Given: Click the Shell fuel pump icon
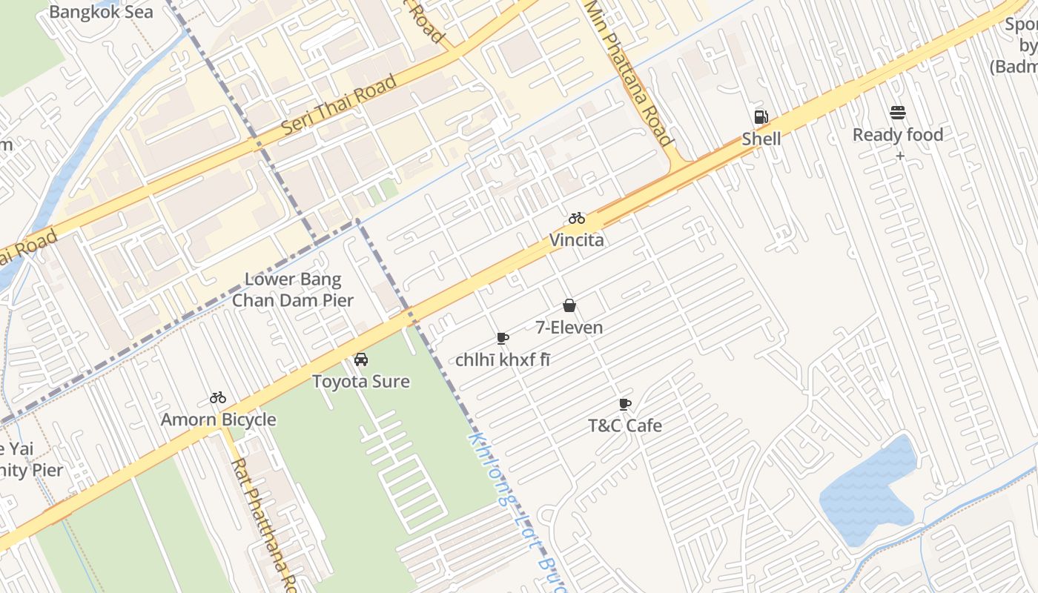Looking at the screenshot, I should [761, 117].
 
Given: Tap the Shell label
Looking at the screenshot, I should [761, 139].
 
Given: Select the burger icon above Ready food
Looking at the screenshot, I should [898, 113].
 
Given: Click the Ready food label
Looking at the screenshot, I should [898, 135].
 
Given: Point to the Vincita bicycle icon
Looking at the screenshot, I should [577, 218].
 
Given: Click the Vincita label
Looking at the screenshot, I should [576, 240].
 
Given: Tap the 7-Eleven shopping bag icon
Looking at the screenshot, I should [569, 305].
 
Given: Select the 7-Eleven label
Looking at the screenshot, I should [569, 328].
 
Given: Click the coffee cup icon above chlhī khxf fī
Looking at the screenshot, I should [503, 338].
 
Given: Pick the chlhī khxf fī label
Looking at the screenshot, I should [503, 360].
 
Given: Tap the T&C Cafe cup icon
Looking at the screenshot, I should [625, 404].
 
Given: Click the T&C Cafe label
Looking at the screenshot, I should [625, 425].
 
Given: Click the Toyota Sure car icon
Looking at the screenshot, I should [361, 360].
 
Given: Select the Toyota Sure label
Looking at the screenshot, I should [361, 382].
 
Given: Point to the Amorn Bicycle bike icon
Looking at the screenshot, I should [218, 398].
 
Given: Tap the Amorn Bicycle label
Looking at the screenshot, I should [219, 420].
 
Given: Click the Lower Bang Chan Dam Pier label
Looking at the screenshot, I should [293, 290].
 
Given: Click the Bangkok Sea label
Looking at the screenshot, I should [101, 12].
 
